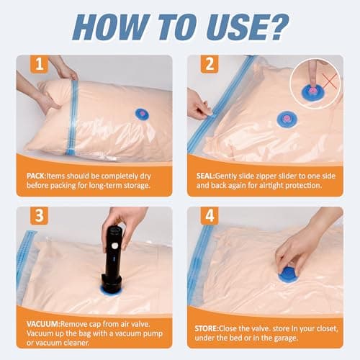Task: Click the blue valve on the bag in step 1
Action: click(141, 114)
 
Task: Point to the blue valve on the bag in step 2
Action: click(286, 119)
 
